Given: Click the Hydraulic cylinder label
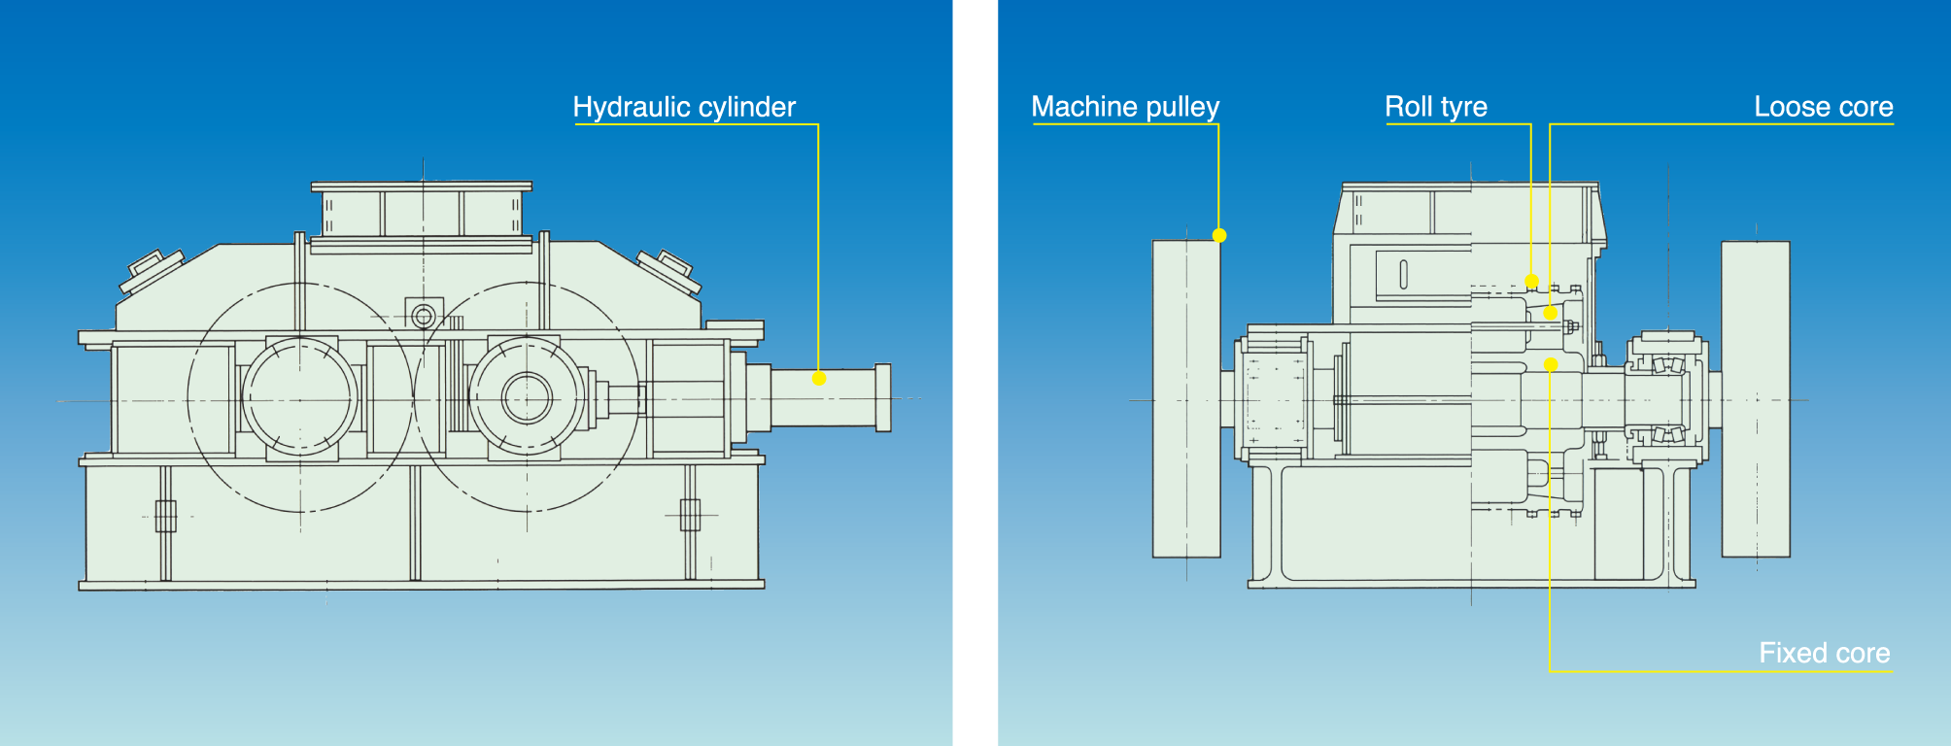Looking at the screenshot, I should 684,107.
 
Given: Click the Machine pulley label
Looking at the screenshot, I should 1125,107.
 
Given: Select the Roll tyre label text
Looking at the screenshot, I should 1435,107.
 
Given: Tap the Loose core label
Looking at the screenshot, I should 1823,107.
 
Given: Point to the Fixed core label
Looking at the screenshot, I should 1824,653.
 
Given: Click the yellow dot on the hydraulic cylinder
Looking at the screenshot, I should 819,379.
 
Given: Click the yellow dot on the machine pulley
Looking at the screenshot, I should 1219,235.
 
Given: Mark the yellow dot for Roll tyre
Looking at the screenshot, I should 1531,282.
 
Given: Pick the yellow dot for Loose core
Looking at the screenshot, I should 1551,313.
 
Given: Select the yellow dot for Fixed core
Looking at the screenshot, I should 1551,364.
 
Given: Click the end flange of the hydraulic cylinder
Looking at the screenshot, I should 883,397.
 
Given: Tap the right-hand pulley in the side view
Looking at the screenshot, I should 1756,398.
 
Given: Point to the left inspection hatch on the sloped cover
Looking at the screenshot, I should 152,270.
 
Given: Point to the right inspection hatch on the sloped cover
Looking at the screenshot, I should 669,271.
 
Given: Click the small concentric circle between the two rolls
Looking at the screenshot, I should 424,316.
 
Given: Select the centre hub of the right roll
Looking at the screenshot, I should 527,397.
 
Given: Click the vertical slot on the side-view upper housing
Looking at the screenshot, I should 1403,275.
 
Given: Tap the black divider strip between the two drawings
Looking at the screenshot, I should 975,373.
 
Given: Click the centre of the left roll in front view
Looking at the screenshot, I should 299,397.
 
